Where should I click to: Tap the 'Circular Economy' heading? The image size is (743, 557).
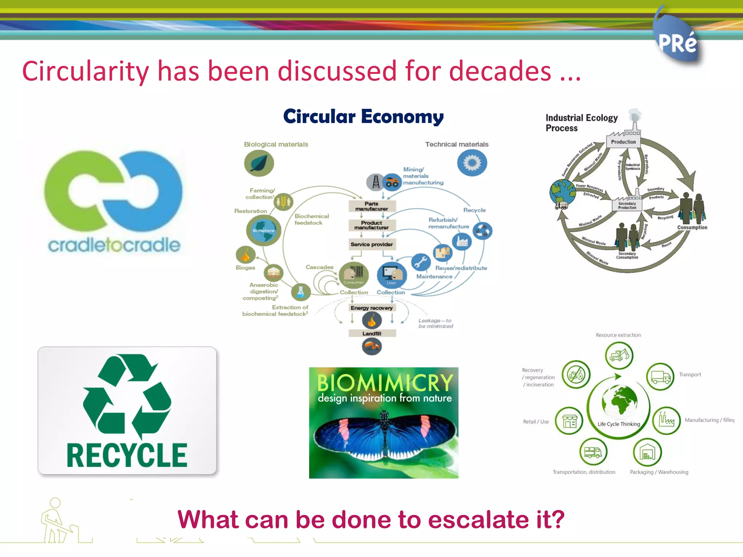363,117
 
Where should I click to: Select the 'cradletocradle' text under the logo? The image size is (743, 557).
114,245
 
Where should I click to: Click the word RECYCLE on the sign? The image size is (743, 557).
127,455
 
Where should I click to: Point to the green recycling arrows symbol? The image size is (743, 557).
127,395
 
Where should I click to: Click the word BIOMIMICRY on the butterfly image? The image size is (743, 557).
385,382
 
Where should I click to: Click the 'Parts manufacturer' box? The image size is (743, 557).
371,206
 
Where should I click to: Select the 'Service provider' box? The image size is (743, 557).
371,244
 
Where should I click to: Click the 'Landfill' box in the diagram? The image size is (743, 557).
372,334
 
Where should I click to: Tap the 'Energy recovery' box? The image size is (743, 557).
371,308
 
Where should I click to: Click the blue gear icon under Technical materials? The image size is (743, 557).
472,163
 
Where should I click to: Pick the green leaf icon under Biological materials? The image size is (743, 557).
259,163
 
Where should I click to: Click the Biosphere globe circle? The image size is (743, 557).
263,230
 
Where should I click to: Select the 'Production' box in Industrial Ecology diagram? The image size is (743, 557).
623,142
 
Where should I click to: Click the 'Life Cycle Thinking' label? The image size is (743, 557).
619,424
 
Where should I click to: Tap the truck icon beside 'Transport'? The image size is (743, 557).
660,377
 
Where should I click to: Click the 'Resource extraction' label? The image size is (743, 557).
618,335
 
